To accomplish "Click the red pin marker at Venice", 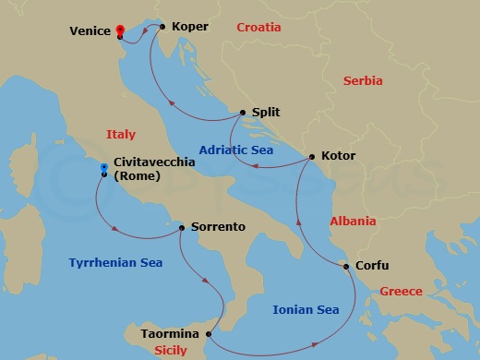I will click(120, 31).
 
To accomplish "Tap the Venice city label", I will click(90, 30).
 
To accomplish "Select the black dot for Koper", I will click(162, 26).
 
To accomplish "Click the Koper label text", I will click(189, 27).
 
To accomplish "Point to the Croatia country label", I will click(258, 28).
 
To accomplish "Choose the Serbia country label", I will click(363, 81).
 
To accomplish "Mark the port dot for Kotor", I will click(311, 156).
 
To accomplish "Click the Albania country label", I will click(353, 222).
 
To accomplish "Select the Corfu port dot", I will click(346, 267).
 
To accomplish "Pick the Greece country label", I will click(401, 292).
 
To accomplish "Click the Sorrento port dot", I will click(182, 226).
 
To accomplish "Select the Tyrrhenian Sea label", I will click(115, 263).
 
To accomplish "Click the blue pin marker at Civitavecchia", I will click(104, 168).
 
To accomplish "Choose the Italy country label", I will click(121, 135).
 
